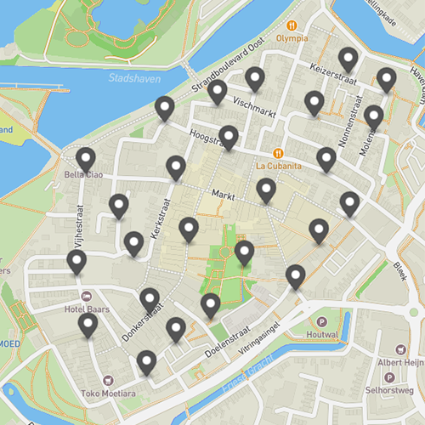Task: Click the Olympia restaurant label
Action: (x=292, y=38)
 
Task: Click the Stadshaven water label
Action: (x=128, y=78)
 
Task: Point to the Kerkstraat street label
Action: (x=160, y=218)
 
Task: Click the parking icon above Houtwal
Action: (x=321, y=323)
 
